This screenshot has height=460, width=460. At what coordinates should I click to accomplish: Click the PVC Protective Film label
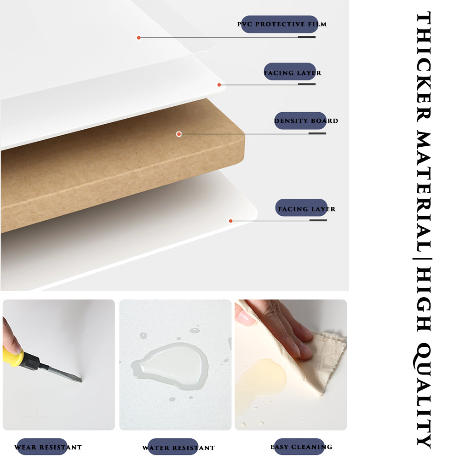(282, 24)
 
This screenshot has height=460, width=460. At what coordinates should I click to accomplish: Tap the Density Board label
(306, 121)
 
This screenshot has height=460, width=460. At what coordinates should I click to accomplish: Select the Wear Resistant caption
(48, 447)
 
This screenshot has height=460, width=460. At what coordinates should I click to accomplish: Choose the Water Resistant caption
(178, 448)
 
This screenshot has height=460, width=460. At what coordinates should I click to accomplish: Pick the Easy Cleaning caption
(301, 447)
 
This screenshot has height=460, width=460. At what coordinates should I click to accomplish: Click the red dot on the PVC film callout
(139, 38)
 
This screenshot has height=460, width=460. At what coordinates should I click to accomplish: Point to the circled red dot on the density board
(179, 134)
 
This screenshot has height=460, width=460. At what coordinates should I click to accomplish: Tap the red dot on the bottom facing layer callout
(231, 221)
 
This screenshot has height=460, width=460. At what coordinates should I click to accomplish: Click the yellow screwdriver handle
(13, 356)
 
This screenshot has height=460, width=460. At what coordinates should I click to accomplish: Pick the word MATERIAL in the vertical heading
(424, 192)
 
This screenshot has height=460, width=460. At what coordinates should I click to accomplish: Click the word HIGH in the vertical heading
(424, 299)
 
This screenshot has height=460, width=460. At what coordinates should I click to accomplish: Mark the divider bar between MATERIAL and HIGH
(422, 259)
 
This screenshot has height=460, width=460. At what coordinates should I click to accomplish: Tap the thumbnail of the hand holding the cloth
(291, 365)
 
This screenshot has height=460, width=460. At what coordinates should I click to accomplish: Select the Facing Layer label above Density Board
(292, 73)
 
